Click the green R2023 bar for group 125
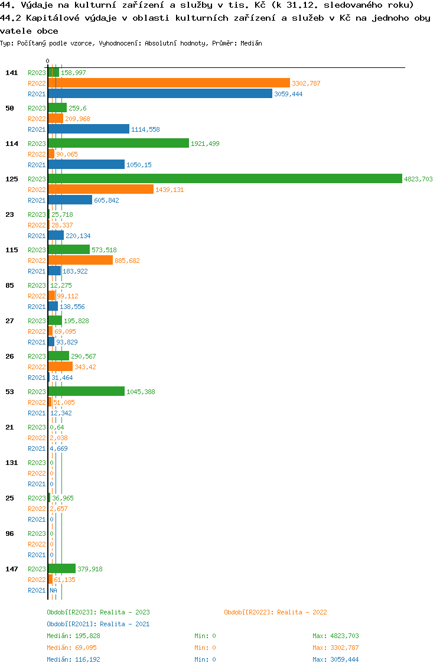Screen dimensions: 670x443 coord(224,179)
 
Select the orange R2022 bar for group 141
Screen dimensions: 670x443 coord(169,83)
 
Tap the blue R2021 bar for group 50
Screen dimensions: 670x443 coord(89,129)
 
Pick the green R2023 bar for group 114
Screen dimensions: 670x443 coord(118,144)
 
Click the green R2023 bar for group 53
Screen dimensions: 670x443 coord(86,392)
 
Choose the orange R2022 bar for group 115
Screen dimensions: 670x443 coord(80,261)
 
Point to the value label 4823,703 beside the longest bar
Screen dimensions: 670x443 coord(418,179)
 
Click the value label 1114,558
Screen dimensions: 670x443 coord(145,129)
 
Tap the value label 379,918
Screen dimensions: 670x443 coord(90,569)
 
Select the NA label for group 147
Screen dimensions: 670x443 coord(53,590)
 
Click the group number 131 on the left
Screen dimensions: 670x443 coord(11,463)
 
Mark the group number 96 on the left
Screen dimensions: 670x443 coord(9,534)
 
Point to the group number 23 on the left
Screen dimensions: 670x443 coord(9,214)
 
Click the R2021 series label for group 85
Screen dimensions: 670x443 coord(37,307)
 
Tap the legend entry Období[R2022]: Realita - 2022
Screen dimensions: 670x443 coord(275,612)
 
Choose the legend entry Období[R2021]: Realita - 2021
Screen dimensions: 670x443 coord(98,624)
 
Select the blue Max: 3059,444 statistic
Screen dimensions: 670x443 coord(335,659)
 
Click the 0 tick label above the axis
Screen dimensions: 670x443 coord(48,61)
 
